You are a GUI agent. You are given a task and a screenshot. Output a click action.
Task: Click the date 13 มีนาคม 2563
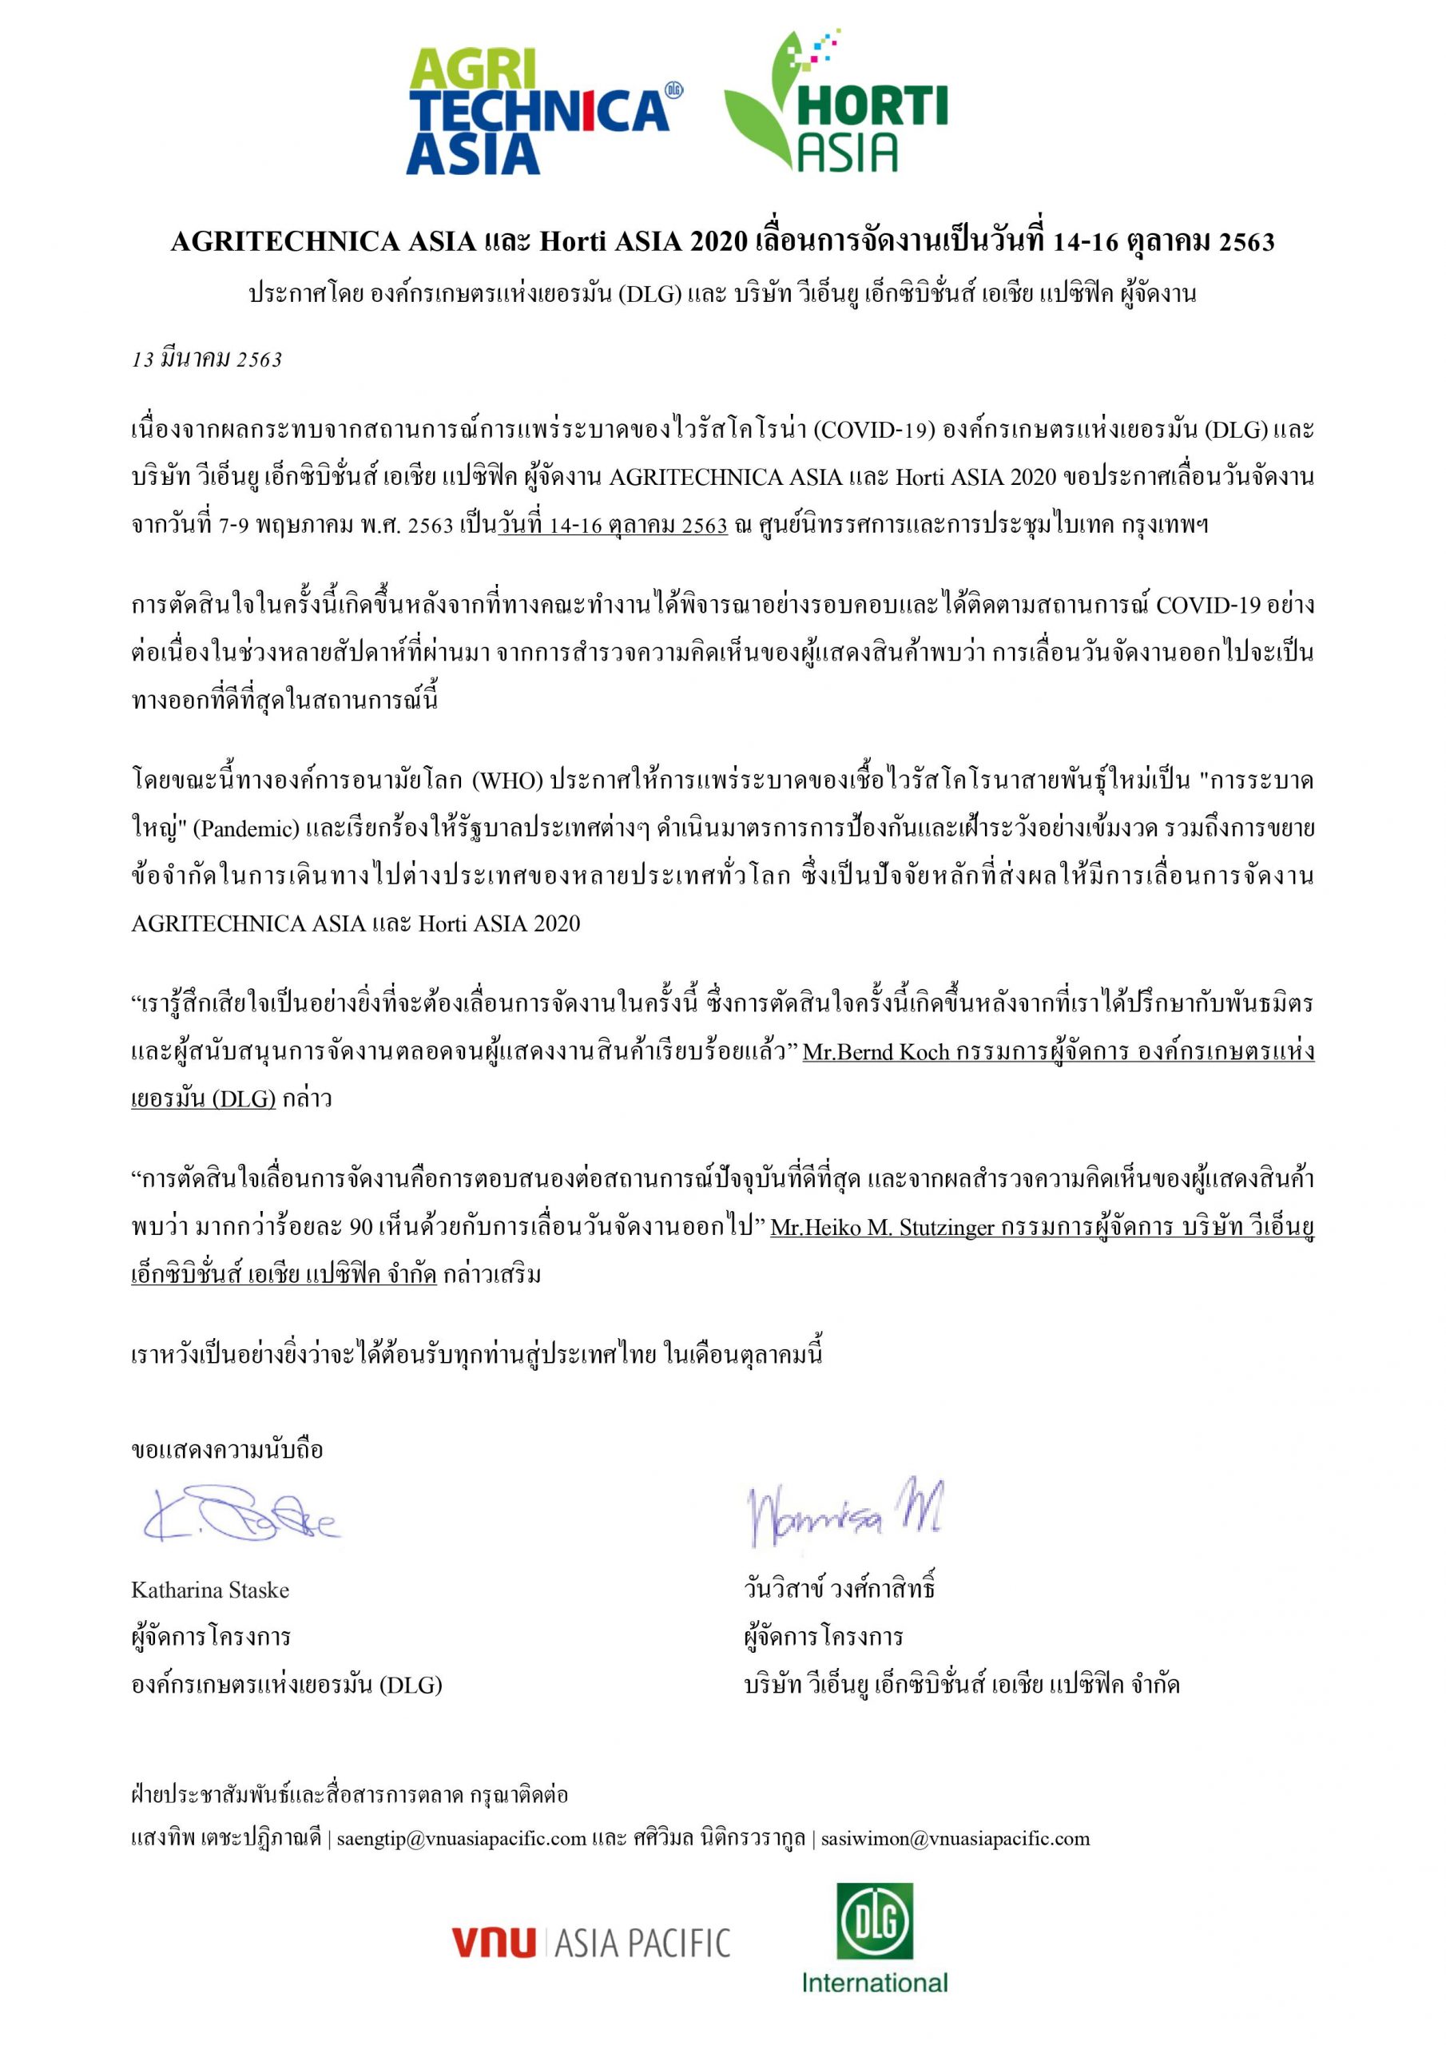[x=207, y=359]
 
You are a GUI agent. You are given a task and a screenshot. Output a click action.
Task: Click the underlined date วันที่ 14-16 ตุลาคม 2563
[x=612, y=526]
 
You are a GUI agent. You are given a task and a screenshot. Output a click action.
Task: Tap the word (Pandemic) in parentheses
[x=246, y=829]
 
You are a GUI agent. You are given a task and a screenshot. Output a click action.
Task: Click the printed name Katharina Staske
[x=210, y=1590]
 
